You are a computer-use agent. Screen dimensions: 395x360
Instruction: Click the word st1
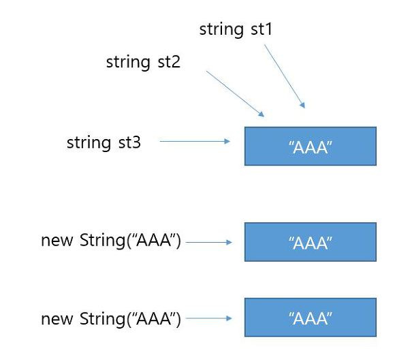262,29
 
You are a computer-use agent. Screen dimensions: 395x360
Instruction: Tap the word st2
169,62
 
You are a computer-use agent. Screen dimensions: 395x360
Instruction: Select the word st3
129,142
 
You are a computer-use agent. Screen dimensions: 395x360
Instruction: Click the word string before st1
221,30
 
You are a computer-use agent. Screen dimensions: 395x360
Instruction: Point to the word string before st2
128,63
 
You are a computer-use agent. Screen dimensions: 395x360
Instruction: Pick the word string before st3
89,144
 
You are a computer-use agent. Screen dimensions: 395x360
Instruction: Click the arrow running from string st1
285,76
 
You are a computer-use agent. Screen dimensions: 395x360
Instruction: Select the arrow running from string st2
235,94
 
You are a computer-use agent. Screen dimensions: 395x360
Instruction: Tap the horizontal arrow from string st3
195,141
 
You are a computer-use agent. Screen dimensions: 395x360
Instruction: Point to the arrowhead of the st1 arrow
303,105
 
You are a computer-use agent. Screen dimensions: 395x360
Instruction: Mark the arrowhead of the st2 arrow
262,115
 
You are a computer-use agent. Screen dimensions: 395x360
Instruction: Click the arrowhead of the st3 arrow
227,141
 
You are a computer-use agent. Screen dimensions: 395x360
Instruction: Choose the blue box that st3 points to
311,147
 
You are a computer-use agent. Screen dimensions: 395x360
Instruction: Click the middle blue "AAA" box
311,242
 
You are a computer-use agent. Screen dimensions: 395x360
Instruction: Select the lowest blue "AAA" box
311,317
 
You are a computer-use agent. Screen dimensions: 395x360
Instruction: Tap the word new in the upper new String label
57,241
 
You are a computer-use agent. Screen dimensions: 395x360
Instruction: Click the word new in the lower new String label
57,319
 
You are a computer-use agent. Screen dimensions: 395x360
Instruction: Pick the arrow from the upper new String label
209,243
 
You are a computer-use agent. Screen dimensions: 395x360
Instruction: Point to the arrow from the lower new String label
209,318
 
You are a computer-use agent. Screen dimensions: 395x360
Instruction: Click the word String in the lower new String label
103,319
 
